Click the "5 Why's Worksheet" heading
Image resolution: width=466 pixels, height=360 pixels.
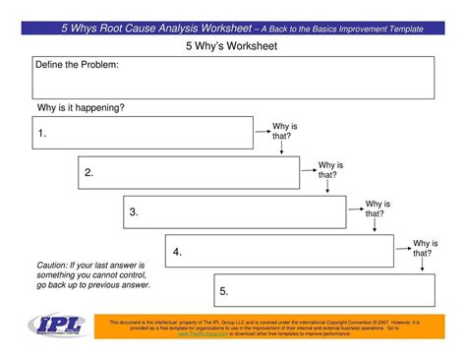tap(232, 46)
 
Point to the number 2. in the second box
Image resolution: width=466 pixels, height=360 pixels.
tap(88, 173)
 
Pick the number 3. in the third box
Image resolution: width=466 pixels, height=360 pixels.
tap(133, 212)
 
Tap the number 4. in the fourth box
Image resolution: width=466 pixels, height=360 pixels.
tap(177, 252)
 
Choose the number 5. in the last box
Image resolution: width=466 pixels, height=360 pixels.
tap(224, 291)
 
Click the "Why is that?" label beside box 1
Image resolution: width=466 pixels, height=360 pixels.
tap(285, 131)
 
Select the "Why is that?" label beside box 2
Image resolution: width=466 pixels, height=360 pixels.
tap(331, 169)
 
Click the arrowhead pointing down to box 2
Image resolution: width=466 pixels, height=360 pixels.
tap(281, 151)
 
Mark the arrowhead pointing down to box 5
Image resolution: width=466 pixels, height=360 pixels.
tap(423, 270)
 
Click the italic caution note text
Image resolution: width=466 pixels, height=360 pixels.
tap(90, 275)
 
